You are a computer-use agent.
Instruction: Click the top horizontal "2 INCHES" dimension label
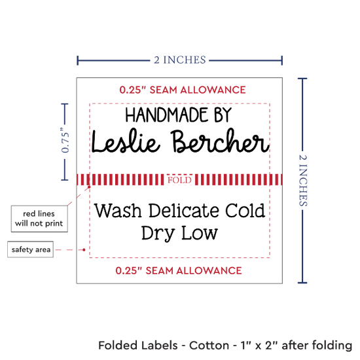[180, 60]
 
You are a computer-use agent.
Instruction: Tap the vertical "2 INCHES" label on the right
[303, 180]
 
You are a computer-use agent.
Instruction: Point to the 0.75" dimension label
[65, 140]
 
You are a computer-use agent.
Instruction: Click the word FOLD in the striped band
[179, 180]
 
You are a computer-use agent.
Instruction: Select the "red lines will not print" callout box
[39, 219]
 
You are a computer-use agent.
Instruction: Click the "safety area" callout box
[31, 249]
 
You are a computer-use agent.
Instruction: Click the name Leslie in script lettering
[126, 141]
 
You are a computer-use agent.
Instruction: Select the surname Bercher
[220, 141]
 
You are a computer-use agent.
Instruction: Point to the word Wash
[118, 210]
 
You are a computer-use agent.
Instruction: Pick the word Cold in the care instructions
[245, 210]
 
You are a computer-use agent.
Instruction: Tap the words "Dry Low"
[179, 233]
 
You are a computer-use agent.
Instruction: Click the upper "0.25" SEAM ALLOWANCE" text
[183, 90]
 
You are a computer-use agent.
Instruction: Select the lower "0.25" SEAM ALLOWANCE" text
[179, 270]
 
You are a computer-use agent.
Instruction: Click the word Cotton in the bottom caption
[209, 346]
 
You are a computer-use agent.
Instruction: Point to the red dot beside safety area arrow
[84, 249]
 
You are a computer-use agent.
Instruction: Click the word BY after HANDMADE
[223, 115]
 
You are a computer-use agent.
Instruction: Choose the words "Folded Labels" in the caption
[138, 346]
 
